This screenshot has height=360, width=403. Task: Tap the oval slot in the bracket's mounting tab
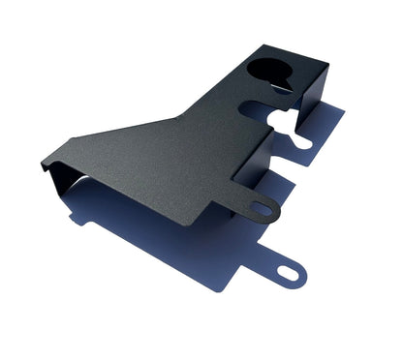click(x=262, y=208)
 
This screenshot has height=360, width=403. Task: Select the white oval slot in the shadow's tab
click(x=289, y=274)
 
